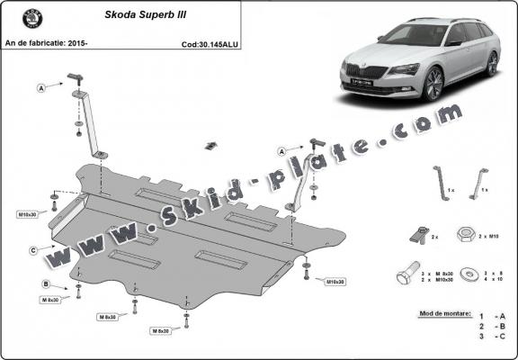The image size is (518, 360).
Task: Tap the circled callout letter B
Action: pos(44,284)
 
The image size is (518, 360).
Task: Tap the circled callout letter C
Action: pos(33,249)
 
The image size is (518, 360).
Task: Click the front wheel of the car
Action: pos(434,85)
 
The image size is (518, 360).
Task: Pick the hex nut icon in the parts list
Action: pos(467,235)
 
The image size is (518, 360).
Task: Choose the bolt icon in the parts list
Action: pos(407,271)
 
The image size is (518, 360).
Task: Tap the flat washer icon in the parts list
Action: pos(469,271)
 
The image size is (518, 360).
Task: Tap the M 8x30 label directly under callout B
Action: pos(53,300)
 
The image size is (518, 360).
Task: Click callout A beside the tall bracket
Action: pos(41,87)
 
